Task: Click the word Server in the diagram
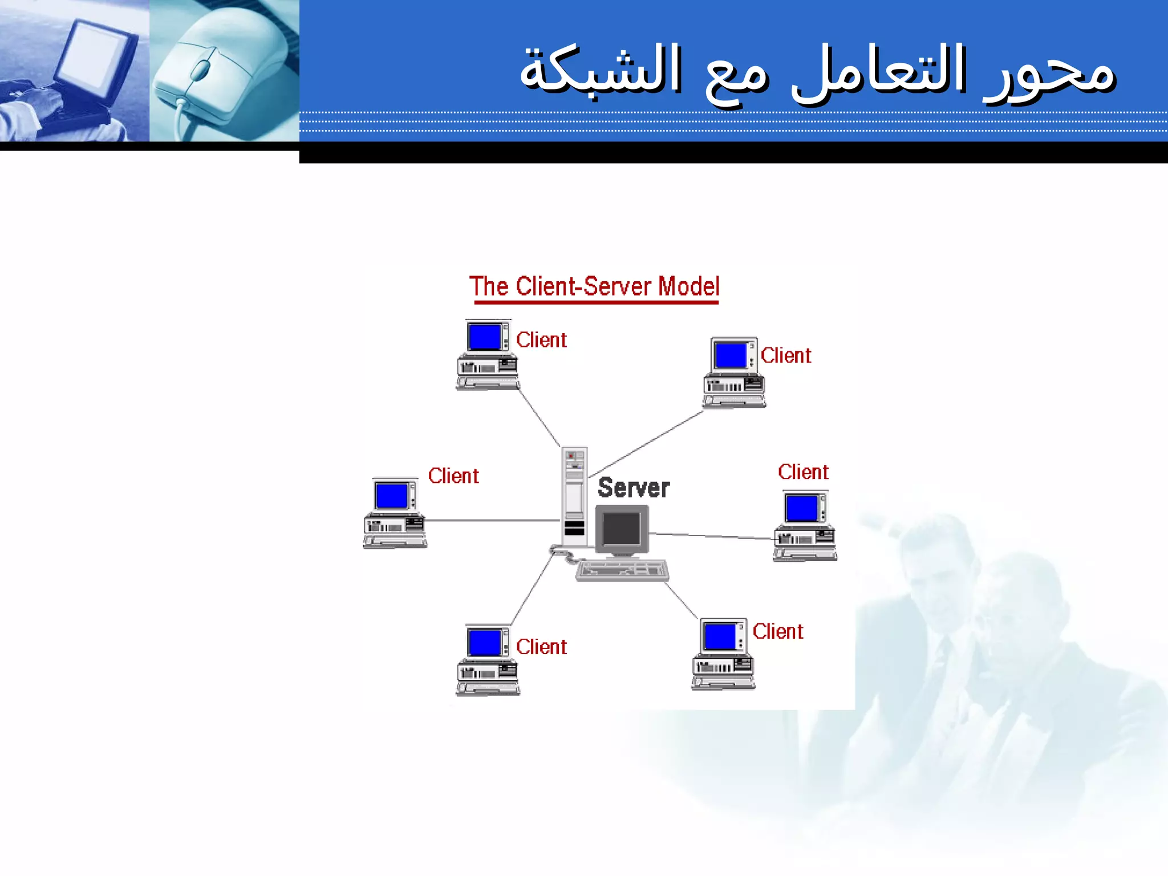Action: point(633,488)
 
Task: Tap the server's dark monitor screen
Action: point(621,529)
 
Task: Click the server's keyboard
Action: point(622,570)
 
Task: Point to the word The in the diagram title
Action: point(488,286)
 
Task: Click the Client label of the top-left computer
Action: point(541,340)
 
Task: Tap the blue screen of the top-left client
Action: point(484,336)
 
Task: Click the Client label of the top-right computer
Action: point(785,355)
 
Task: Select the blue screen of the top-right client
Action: point(731,355)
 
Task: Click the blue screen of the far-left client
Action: point(391,496)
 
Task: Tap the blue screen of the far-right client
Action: point(801,508)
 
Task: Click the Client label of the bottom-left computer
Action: point(541,647)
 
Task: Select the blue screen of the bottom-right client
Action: point(719,636)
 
